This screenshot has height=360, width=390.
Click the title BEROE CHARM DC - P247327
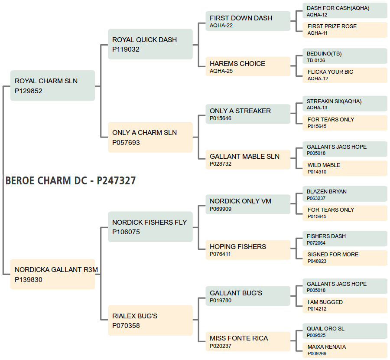click(x=71, y=181)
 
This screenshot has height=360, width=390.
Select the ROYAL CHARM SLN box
click(x=52, y=85)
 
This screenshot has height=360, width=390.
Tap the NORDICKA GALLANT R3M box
click(x=52, y=274)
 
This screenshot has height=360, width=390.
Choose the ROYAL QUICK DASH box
click(x=150, y=44)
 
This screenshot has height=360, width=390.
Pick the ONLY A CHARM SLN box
click(x=150, y=137)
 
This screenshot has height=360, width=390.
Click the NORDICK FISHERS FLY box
click(x=150, y=227)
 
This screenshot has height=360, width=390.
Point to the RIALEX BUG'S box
click(x=150, y=321)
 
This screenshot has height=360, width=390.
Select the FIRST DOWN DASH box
click(x=248, y=21)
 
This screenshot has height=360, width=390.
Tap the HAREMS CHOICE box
click(x=248, y=67)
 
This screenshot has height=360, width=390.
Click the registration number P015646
click(x=221, y=118)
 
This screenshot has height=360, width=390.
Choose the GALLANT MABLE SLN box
click(x=248, y=160)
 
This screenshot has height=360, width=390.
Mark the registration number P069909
click(x=221, y=209)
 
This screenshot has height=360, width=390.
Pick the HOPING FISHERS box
click(x=248, y=250)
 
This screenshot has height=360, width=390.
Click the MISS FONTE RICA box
click(x=248, y=342)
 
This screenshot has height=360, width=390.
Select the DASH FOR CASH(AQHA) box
click(x=345, y=11)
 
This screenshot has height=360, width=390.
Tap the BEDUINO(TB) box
click(x=345, y=56)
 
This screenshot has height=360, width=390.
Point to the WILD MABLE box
click(x=345, y=169)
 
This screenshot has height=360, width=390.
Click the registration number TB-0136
click(x=316, y=60)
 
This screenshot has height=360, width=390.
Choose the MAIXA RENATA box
click(x=345, y=350)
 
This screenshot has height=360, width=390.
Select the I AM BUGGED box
click(x=345, y=306)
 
